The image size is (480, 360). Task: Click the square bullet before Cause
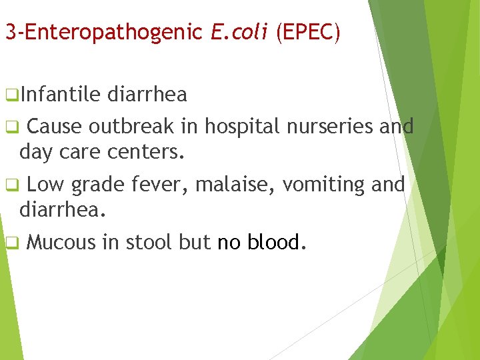[10, 127]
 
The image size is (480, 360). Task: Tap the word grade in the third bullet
[97, 185]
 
